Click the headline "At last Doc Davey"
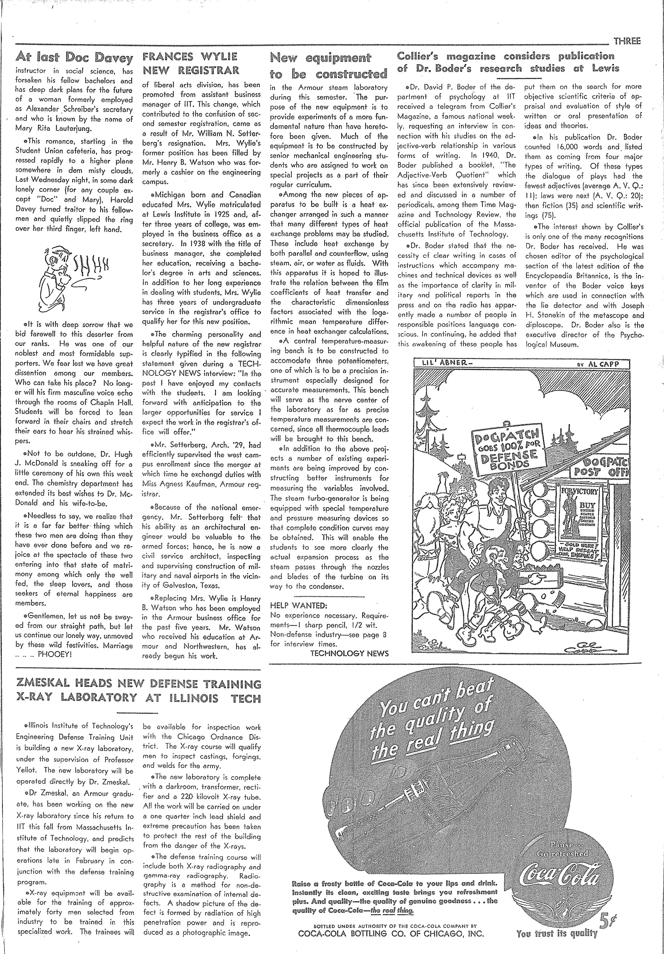pyautogui.click(x=74, y=58)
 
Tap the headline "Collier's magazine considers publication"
pyautogui.click(x=506, y=56)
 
